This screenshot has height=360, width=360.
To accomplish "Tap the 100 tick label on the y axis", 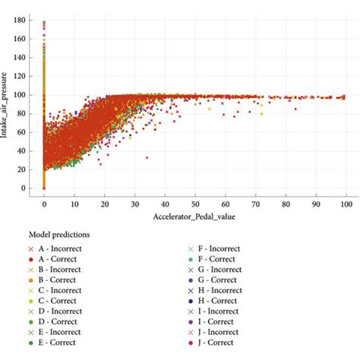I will tap(24, 96).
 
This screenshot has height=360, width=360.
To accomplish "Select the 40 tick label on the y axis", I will tap(25, 151).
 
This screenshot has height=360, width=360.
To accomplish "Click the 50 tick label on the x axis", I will tap(195, 205).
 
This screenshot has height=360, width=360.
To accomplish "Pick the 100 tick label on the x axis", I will tap(346, 205).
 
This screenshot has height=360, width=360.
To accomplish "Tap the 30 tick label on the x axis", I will tap(135, 205).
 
